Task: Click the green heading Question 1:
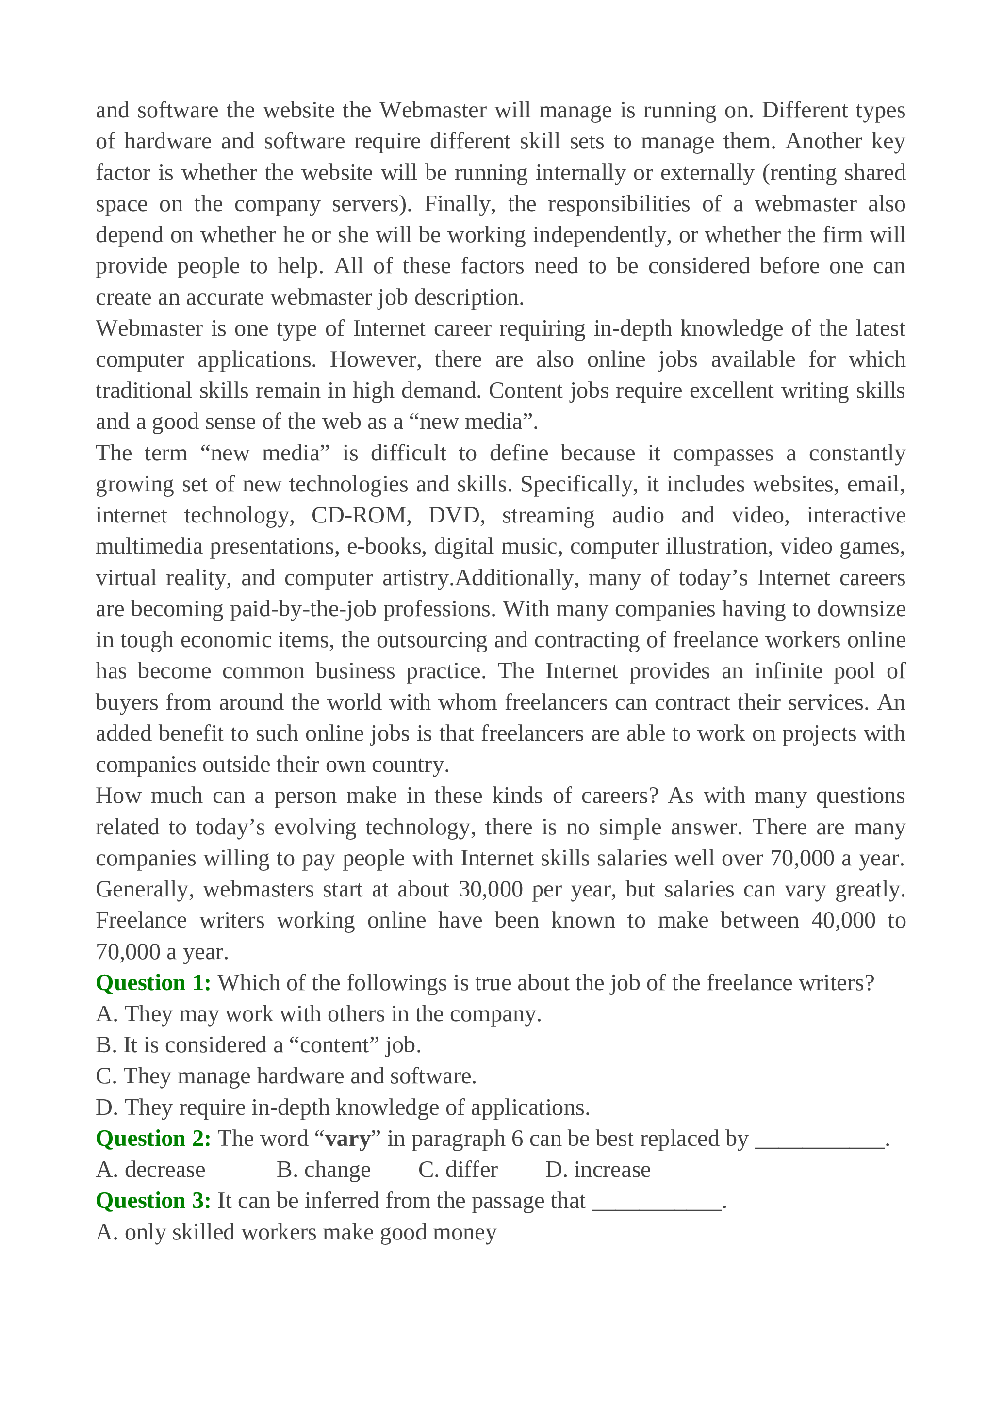(153, 982)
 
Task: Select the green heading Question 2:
(153, 1138)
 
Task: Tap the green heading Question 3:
(153, 1201)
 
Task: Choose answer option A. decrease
(151, 1170)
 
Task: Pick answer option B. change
(324, 1170)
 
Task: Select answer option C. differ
(458, 1170)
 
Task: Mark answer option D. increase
(598, 1170)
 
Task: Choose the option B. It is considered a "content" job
(258, 1045)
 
